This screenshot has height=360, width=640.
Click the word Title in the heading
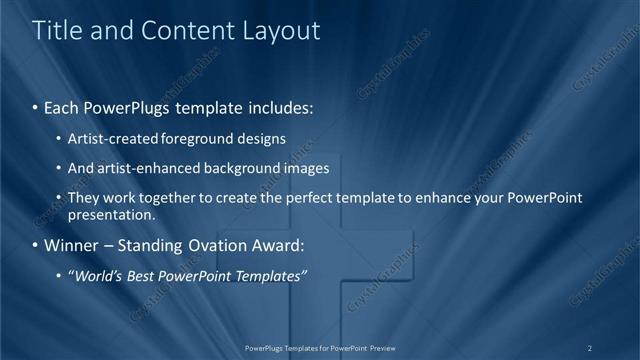click(x=57, y=31)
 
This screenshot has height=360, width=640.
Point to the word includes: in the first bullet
click(x=277, y=106)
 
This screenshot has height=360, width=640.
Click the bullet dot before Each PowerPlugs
click(x=36, y=106)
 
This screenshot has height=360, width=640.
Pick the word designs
click(x=263, y=139)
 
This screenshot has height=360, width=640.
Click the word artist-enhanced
click(x=147, y=168)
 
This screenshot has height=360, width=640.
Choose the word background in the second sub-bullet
click(x=242, y=168)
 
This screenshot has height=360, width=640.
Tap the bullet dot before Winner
click(x=36, y=245)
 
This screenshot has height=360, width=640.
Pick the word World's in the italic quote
click(x=98, y=276)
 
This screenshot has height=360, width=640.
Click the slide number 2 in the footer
click(x=590, y=348)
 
